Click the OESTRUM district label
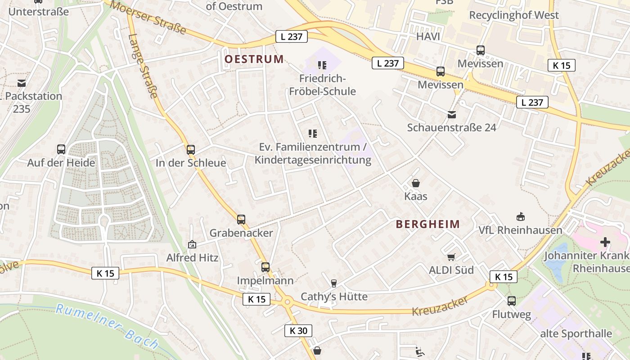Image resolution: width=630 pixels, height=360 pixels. pyautogui.click(x=254, y=59)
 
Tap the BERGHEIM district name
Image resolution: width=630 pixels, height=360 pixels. pyautogui.click(x=428, y=224)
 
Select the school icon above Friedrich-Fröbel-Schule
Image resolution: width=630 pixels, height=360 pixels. pyautogui.click(x=322, y=65)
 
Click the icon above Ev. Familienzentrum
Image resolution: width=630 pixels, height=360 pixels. pyautogui.click(x=313, y=133)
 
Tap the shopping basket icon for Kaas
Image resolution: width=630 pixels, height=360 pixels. pyautogui.click(x=416, y=183)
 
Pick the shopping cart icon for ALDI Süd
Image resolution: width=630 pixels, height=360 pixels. pyautogui.click(x=451, y=257)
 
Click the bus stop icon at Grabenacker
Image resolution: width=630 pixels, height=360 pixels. pyautogui.click(x=241, y=220)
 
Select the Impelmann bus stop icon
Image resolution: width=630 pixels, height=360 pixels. pyautogui.click(x=265, y=267)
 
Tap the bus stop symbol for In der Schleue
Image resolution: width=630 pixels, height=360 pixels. pyautogui.click(x=191, y=150)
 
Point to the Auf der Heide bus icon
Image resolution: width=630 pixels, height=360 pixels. pyautogui.click(x=61, y=149)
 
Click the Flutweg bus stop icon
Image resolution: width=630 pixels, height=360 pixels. pyautogui.click(x=512, y=301)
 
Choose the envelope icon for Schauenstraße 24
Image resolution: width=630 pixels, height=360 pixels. pyautogui.click(x=452, y=115)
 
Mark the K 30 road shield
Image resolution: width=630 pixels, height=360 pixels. pyautogui.click(x=298, y=331)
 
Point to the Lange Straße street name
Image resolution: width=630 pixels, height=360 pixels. pyautogui.click(x=143, y=66)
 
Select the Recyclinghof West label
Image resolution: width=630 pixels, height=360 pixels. pyautogui.click(x=514, y=15)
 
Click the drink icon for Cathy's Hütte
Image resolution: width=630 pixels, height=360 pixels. pyautogui.click(x=334, y=283)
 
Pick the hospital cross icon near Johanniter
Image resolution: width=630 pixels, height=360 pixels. pyautogui.click(x=605, y=242)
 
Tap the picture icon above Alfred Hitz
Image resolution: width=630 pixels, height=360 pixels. pyautogui.click(x=192, y=244)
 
